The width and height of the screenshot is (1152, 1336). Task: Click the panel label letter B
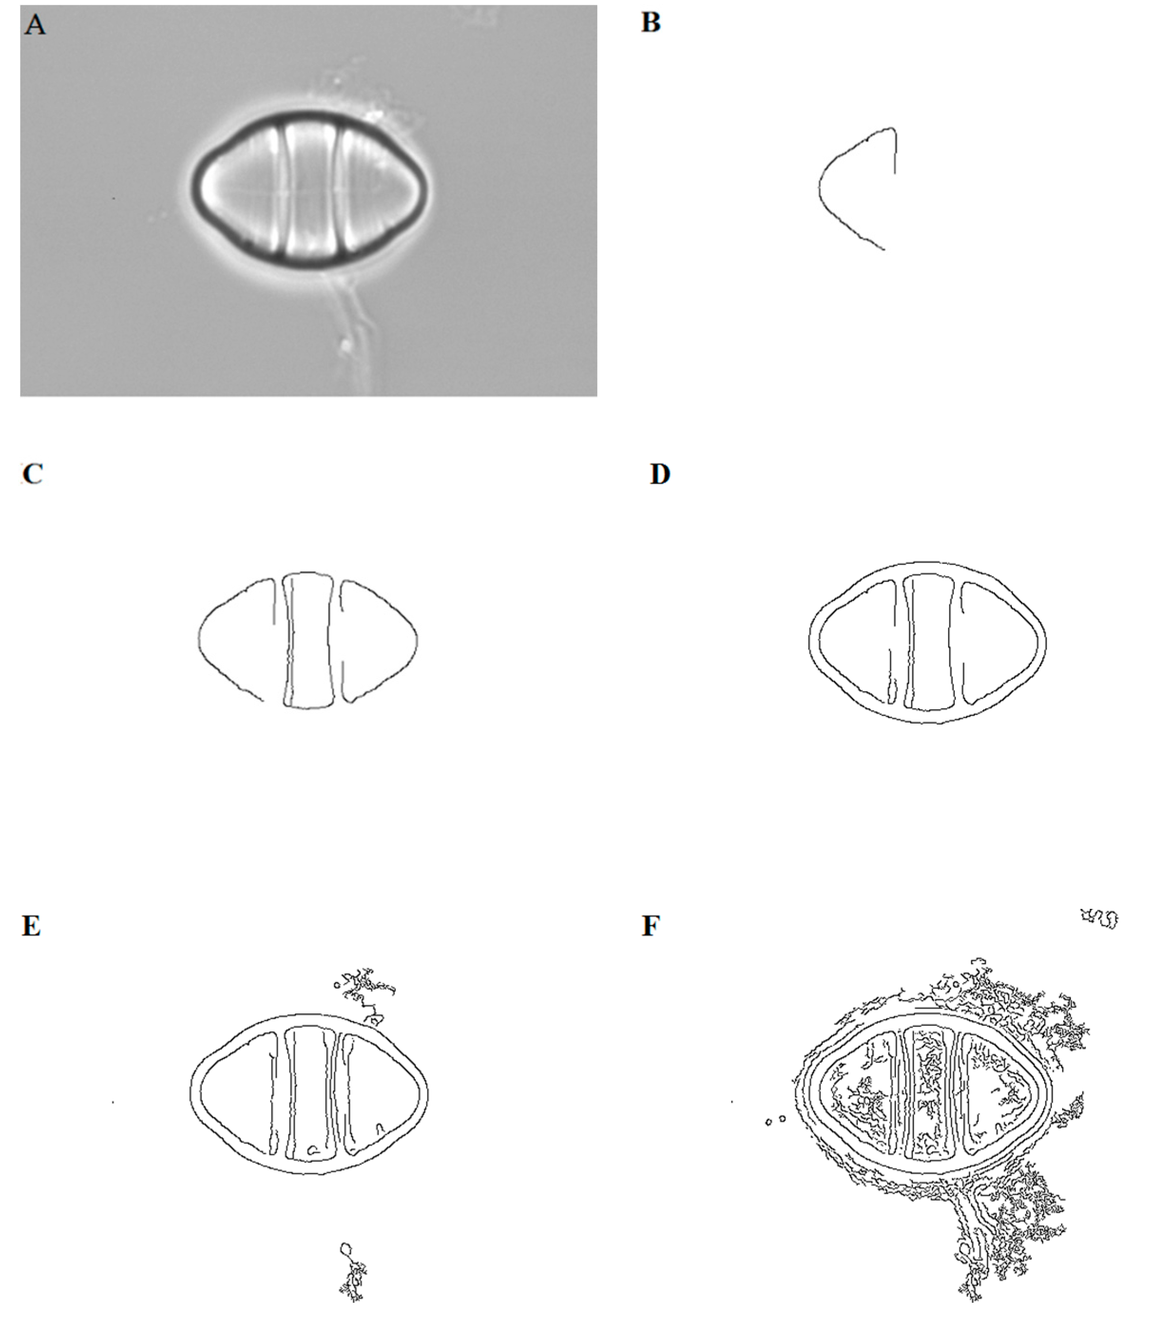(x=651, y=23)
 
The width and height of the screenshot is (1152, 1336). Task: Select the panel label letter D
(x=660, y=475)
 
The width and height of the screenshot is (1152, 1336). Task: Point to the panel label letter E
(x=31, y=926)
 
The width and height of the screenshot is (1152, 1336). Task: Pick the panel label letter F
(x=651, y=926)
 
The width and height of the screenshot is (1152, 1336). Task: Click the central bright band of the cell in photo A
(x=310, y=190)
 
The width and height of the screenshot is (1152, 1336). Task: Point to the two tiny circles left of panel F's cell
(x=775, y=1121)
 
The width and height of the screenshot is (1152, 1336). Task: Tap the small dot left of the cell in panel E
(x=114, y=1102)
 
